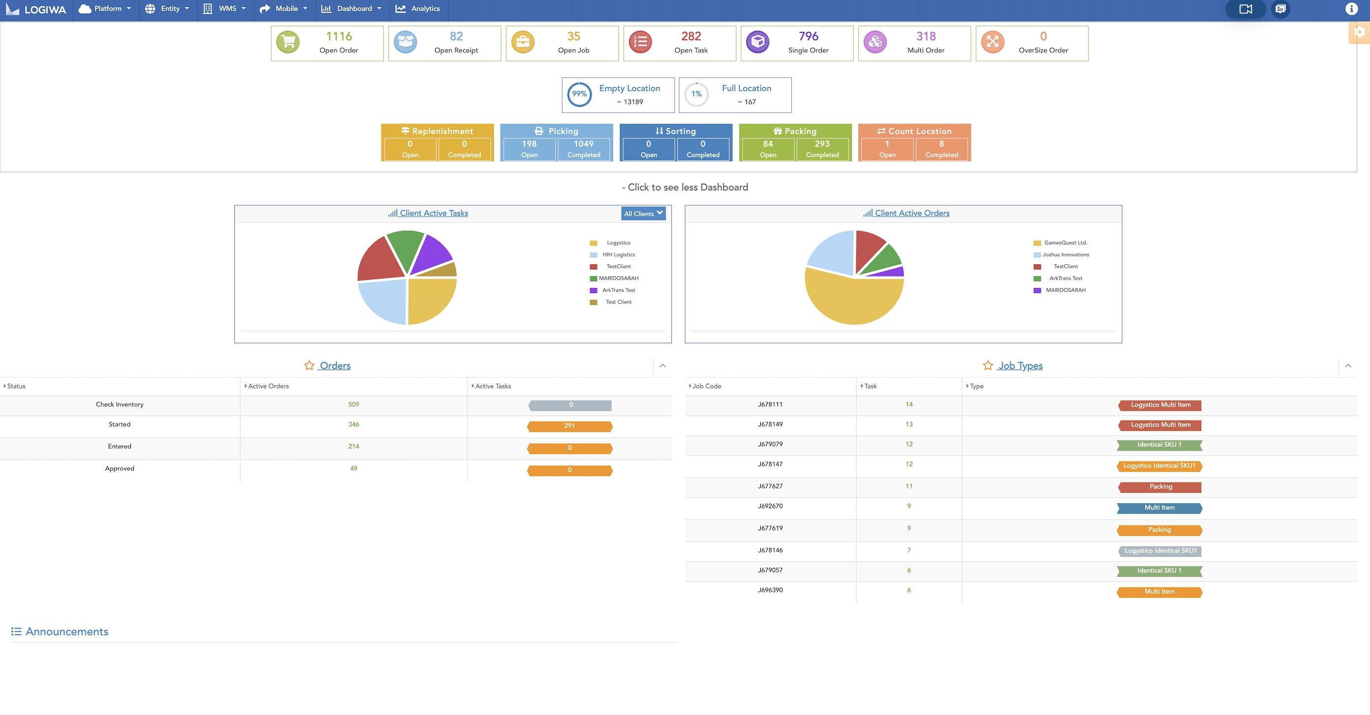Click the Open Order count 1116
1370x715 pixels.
(x=339, y=36)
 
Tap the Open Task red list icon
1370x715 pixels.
(x=640, y=42)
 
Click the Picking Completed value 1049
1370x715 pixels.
(x=584, y=144)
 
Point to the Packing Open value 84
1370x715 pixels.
(x=768, y=144)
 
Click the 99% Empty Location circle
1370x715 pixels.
(x=579, y=95)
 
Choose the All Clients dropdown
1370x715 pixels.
(x=643, y=213)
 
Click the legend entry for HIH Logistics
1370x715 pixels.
(x=618, y=255)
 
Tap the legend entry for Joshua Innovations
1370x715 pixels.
(x=1065, y=255)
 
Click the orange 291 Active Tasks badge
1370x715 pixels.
(x=569, y=426)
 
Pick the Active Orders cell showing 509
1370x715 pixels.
(x=354, y=405)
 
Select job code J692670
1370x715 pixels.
(x=770, y=506)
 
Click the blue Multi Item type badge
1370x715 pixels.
(x=1159, y=508)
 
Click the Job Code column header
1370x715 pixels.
(x=706, y=386)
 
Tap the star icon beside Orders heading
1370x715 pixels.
(x=309, y=365)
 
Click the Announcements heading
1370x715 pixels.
(x=66, y=631)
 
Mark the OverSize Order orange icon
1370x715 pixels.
(x=993, y=42)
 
